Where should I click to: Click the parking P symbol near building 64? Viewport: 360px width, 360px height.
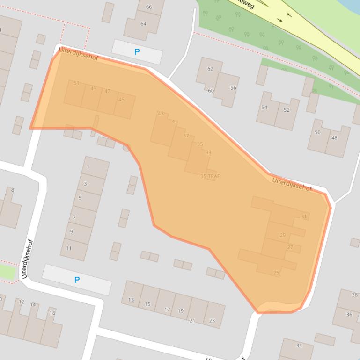pyautogui.click(x=137, y=52)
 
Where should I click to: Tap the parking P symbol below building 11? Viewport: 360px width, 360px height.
pyautogui.click(x=77, y=280)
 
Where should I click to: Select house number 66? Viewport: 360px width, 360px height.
pyautogui.click(x=149, y=7)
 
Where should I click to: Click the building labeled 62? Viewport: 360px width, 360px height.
pyautogui.click(x=210, y=69)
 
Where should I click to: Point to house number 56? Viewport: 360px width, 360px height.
pyautogui.click(x=233, y=88)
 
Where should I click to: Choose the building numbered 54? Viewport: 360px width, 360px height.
pyautogui.click(x=264, y=108)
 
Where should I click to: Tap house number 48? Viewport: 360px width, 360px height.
pyautogui.click(x=334, y=138)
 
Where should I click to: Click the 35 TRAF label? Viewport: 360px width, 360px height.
pyautogui.click(x=210, y=176)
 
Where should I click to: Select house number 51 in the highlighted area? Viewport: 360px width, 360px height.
pyautogui.click(x=76, y=84)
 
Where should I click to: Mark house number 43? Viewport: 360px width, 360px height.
pyautogui.click(x=161, y=114)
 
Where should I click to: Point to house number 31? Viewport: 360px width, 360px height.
pyautogui.click(x=304, y=216)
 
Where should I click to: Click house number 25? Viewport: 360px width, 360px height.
pyautogui.click(x=276, y=273)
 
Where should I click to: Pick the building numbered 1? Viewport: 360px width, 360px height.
pyautogui.click(x=88, y=167)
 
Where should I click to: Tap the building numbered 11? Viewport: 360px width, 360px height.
pyautogui.click(x=69, y=248)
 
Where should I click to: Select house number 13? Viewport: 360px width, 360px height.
pyautogui.click(x=131, y=300)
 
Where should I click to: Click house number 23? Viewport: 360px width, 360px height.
pyautogui.click(x=212, y=320)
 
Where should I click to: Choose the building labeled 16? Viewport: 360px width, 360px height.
pyautogui.click(x=52, y=313)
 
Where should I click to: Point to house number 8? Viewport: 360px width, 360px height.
pyautogui.click(x=12, y=190)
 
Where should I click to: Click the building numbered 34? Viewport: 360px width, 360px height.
pyautogui.click(x=299, y=346)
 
